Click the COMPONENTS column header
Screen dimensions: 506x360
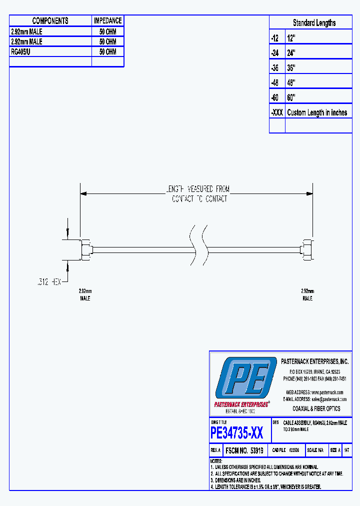[50, 20]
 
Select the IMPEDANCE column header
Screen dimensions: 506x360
[107, 20]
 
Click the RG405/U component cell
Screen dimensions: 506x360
[50, 51]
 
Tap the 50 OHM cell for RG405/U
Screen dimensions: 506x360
[107, 51]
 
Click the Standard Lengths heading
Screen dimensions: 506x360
[314, 22]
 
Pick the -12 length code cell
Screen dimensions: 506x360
[276, 38]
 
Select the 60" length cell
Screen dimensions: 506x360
[318, 97]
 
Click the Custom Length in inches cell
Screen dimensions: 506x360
[318, 112]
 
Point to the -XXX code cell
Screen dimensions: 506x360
[276, 112]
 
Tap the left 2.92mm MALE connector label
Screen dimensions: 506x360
[85, 294]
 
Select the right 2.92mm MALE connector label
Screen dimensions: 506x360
[307, 294]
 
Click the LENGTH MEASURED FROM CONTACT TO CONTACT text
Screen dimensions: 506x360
[198, 194]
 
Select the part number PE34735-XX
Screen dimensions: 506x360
[236, 432]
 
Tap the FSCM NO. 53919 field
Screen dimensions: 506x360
[244, 450]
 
